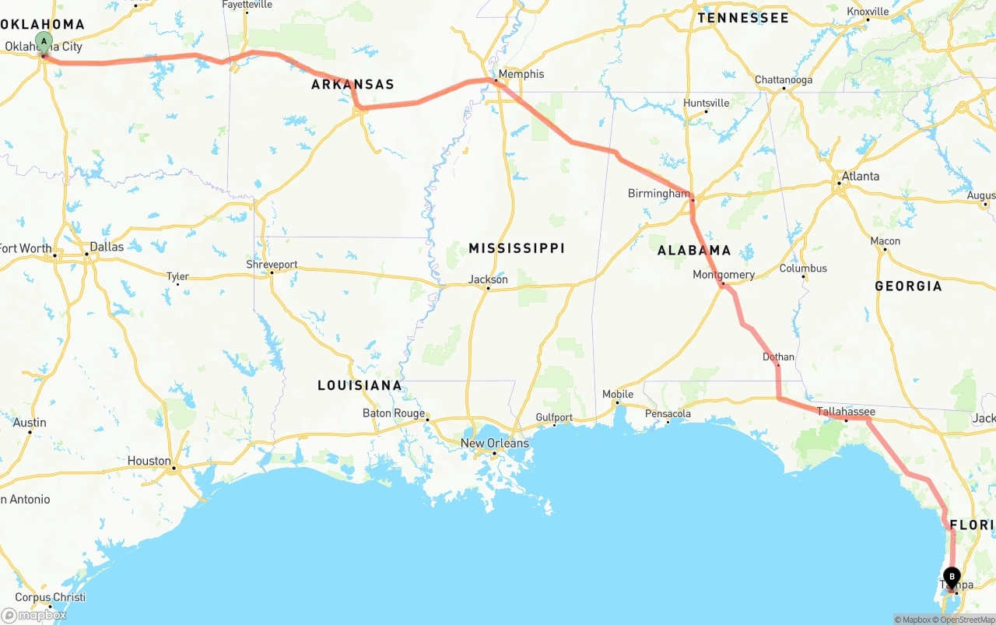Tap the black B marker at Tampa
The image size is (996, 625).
(x=951, y=578)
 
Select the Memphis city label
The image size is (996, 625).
(x=521, y=74)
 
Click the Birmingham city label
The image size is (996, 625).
(x=658, y=193)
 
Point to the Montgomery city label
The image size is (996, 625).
(x=724, y=275)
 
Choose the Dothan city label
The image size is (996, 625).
(x=778, y=357)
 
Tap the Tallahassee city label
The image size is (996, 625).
(x=846, y=412)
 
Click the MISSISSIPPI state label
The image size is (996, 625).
(x=517, y=248)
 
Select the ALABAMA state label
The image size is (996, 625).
(x=694, y=250)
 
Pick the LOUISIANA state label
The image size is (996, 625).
(x=359, y=385)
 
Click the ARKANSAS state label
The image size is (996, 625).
(x=352, y=84)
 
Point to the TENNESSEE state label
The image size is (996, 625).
(x=743, y=17)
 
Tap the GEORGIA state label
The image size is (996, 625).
(x=908, y=286)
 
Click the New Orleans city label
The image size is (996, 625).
(x=494, y=443)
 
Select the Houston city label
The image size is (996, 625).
(x=149, y=461)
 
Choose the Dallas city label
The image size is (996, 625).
(x=107, y=247)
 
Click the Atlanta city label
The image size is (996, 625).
(x=860, y=176)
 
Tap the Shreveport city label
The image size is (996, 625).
(x=272, y=265)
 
